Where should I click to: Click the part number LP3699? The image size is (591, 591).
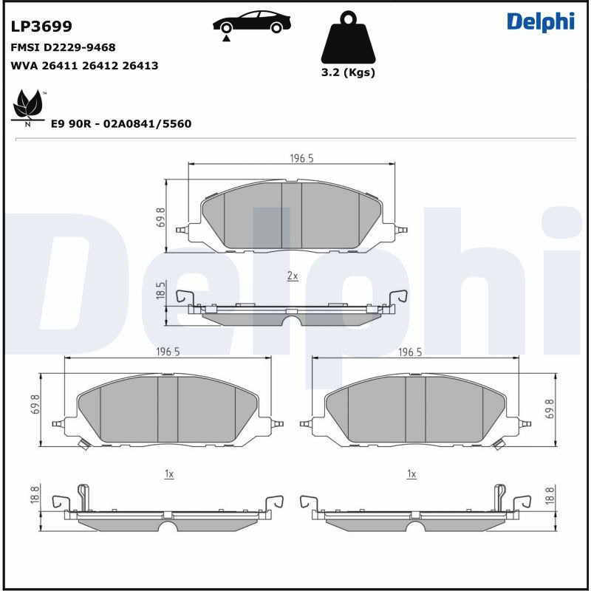point(41,27)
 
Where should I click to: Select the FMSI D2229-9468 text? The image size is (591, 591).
point(63,47)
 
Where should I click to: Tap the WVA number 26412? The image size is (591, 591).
point(100,66)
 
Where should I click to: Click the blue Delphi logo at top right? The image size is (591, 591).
point(541,22)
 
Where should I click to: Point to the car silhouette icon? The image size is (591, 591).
point(252,22)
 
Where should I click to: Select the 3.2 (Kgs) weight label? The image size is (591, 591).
point(348,72)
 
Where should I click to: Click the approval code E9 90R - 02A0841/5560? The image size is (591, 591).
point(121,123)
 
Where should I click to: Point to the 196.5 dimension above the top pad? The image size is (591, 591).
point(301,158)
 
